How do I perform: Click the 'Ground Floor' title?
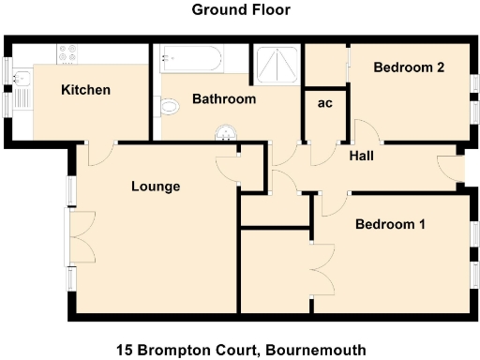241,10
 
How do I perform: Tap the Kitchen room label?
86,90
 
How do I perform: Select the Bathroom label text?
224,98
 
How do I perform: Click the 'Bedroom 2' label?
408,67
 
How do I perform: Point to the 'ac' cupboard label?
325,103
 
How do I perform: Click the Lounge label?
155,187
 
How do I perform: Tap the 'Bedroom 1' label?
390,225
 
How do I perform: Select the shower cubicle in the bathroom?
278,63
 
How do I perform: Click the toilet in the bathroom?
169,108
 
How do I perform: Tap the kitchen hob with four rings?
69,54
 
